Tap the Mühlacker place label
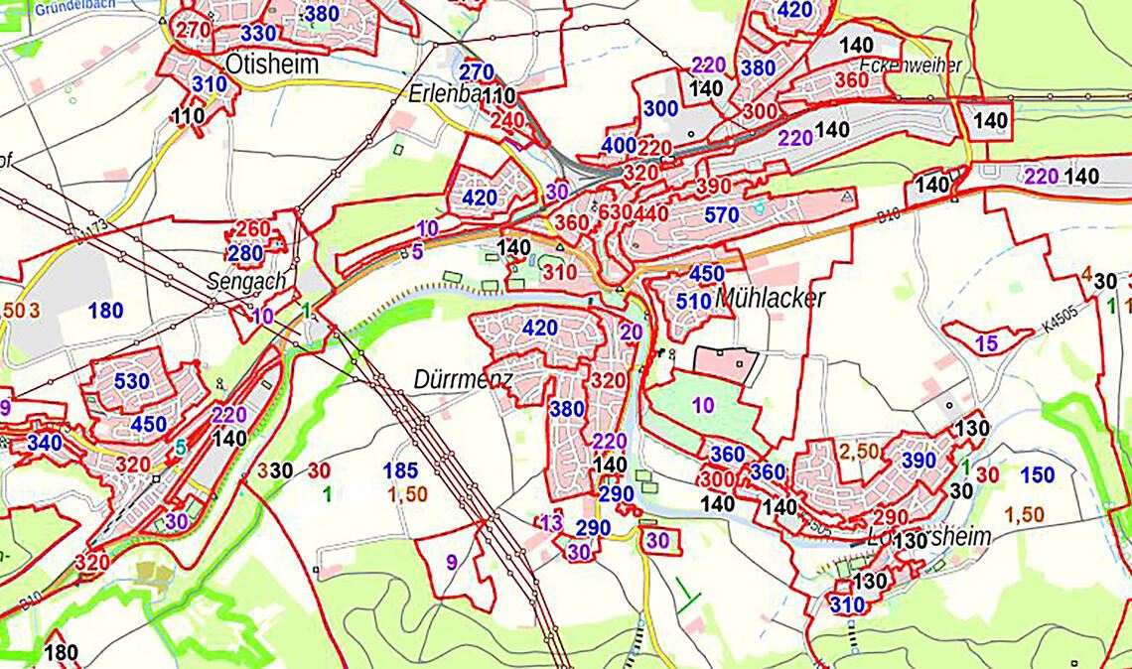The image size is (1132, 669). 770,297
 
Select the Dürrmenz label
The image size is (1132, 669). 463,380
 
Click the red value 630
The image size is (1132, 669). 616,213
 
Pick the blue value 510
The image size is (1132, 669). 693,300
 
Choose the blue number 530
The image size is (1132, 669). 132,381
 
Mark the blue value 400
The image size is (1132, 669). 618,146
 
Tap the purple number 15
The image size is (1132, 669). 986,344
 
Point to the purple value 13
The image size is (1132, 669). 551,523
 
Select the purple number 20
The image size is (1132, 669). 631,333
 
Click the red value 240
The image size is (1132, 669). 506,120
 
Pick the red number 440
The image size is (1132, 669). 652,213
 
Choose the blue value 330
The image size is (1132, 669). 258,33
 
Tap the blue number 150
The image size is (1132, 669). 1037,475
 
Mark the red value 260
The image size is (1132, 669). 253,229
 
